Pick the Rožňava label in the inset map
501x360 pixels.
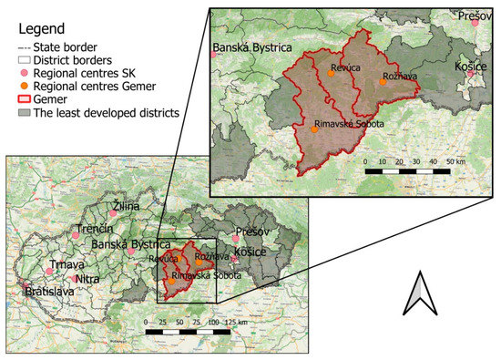(x=399, y=77)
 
